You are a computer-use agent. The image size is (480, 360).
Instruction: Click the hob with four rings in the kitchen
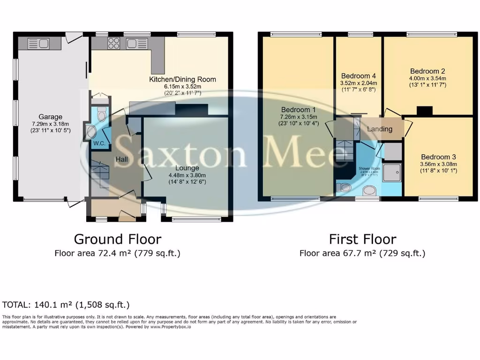(x=114, y=44)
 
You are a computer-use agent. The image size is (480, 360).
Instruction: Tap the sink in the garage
(x=40, y=44)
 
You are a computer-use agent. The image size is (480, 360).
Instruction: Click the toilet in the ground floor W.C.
(x=102, y=114)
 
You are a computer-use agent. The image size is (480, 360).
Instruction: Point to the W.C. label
(x=98, y=143)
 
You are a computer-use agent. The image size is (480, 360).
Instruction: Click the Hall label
(x=122, y=160)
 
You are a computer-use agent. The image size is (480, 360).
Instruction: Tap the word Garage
(x=51, y=117)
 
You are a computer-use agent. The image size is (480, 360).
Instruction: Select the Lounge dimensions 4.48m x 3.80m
(x=187, y=175)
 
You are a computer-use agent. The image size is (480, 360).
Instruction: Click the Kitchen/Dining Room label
(x=182, y=79)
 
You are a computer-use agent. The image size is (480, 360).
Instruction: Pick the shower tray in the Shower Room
(x=392, y=172)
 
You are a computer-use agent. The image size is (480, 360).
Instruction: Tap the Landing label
(x=379, y=129)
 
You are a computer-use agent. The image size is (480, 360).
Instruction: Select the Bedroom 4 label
(x=358, y=76)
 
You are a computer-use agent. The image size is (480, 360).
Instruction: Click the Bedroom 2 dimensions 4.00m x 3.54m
(x=426, y=78)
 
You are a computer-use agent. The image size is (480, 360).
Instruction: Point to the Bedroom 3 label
(x=438, y=157)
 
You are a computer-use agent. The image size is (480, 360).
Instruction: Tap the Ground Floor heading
(x=117, y=239)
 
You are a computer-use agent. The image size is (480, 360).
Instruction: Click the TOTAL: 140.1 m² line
(x=66, y=304)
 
